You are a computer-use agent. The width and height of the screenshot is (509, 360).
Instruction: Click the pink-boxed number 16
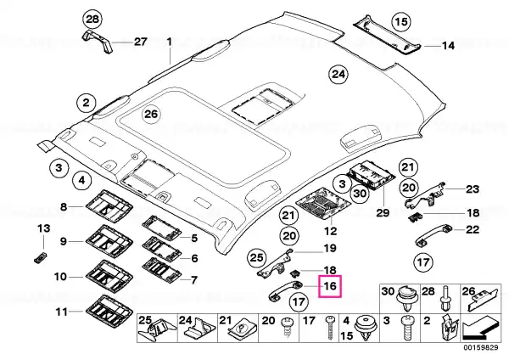330,286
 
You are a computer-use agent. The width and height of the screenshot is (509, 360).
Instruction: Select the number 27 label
141,42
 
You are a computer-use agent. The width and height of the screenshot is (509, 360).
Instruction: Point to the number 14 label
448,46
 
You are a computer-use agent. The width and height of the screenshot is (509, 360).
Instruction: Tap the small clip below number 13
40,256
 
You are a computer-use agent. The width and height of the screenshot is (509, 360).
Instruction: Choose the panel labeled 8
109,206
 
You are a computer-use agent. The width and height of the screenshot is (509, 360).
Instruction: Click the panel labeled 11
109,310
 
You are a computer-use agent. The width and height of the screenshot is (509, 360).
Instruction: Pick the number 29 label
383,213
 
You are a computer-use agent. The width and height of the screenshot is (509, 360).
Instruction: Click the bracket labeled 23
425,196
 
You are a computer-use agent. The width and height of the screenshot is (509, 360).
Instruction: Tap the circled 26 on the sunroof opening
151,114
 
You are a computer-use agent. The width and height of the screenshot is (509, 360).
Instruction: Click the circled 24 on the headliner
338,75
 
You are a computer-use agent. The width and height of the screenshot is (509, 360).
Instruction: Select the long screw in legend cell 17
331,328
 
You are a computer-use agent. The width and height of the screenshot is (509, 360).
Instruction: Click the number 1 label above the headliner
169,42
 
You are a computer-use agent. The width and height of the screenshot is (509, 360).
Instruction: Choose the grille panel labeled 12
324,204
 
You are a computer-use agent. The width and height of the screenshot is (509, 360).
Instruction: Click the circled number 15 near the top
401,22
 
